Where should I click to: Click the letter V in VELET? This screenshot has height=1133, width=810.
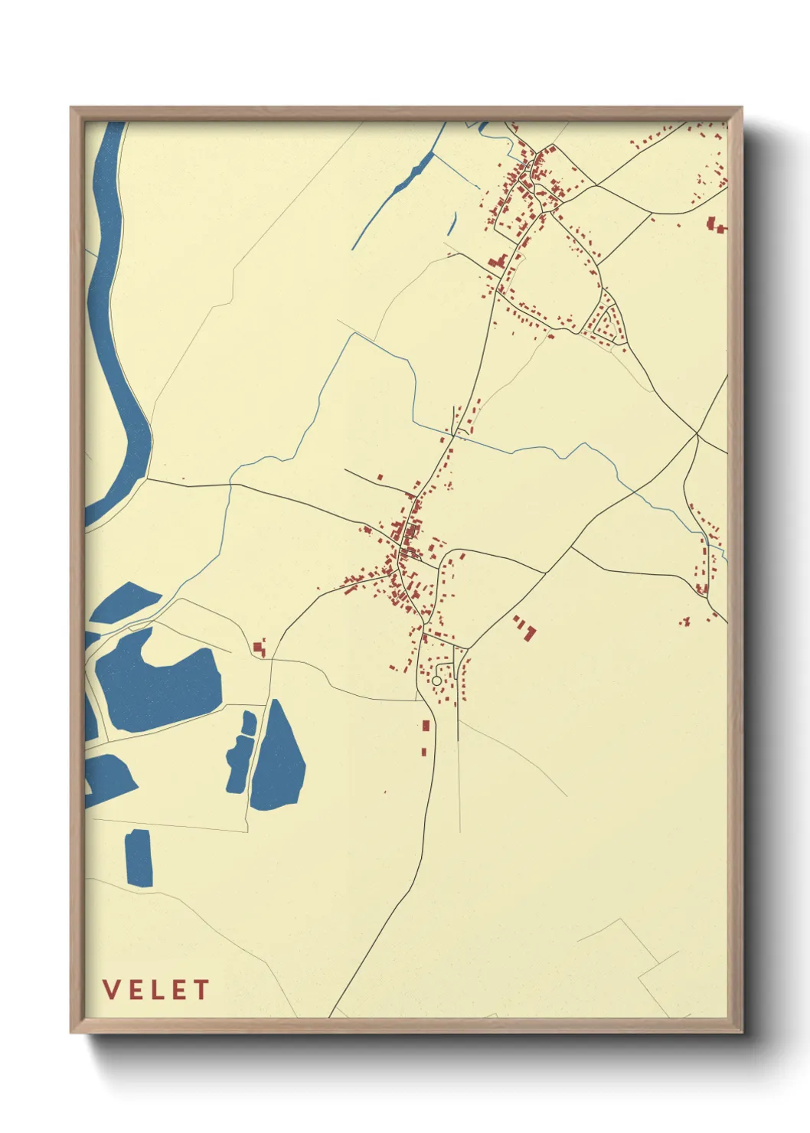[x=112, y=990]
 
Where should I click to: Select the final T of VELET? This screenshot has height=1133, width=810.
[x=201, y=990]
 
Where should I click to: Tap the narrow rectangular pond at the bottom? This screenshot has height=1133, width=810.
[x=139, y=857]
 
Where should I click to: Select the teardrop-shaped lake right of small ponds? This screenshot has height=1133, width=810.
[x=277, y=758]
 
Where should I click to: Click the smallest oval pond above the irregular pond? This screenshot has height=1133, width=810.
[x=249, y=723]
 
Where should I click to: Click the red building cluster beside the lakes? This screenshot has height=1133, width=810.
[x=260, y=648]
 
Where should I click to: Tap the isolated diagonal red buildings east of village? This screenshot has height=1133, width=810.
[x=526, y=628]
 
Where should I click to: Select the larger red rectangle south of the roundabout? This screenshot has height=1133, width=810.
[x=426, y=725]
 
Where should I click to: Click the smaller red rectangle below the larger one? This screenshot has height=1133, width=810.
[x=423, y=752]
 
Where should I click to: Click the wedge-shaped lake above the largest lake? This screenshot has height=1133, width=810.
[x=126, y=601]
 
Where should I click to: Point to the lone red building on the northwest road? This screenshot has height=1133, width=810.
[x=380, y=477]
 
